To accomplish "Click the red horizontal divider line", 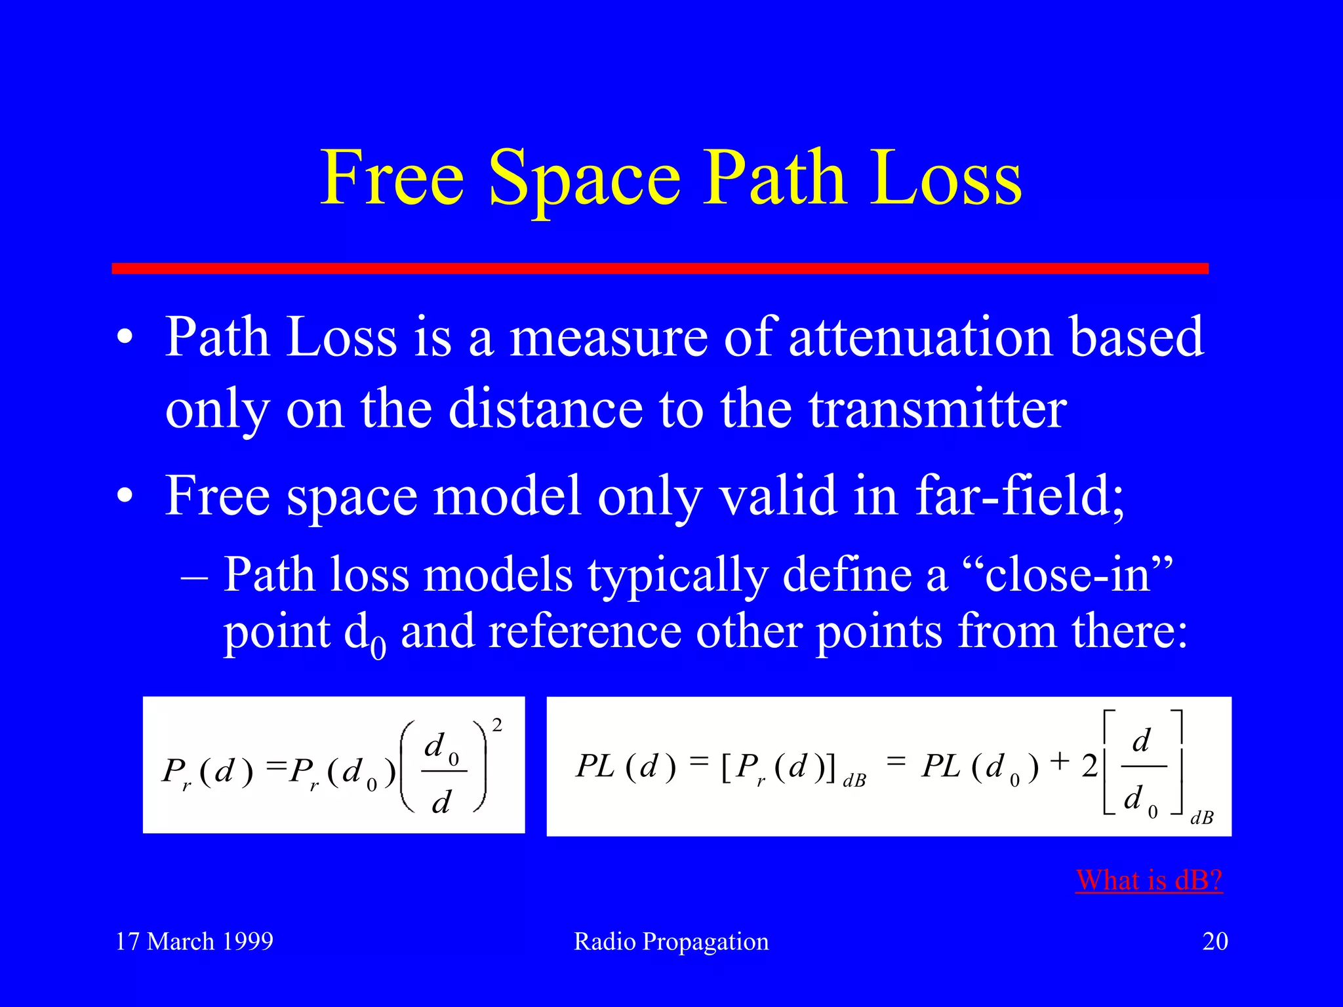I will click(660, 268).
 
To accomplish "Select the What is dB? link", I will click(1149, 880).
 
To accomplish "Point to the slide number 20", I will click(1214, 941).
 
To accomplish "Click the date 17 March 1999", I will click(194, 941).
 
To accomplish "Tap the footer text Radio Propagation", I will click(671, 941).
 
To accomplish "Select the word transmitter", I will click(937, 409).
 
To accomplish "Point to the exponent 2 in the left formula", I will click(497, 725).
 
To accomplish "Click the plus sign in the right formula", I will click(1059, 761).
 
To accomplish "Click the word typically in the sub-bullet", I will click(677, 576).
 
